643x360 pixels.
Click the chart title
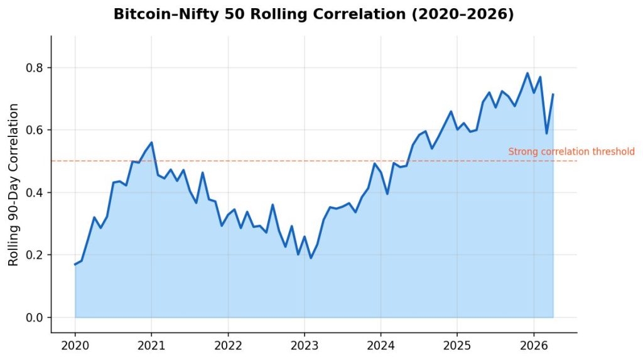[x=313, y=14]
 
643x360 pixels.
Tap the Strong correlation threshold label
[x=571, y=151]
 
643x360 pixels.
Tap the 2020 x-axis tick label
[x=75, y=346]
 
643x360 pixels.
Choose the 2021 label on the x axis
[x=151, y=346]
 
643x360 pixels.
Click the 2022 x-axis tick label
[x=227, y=346]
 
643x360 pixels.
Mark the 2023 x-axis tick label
[x=304, y=346]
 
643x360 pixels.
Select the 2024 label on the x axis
[x=381, y=346]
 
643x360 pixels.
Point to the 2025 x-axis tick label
[x=457, y=346]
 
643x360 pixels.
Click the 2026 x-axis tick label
[x=533, y=346]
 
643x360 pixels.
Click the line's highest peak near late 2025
[x=527, y=73]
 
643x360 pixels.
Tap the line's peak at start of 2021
[x=151, y=143]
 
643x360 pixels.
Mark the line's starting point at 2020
[x=75, y=265]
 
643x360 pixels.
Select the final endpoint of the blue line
[x=553, y=95]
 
